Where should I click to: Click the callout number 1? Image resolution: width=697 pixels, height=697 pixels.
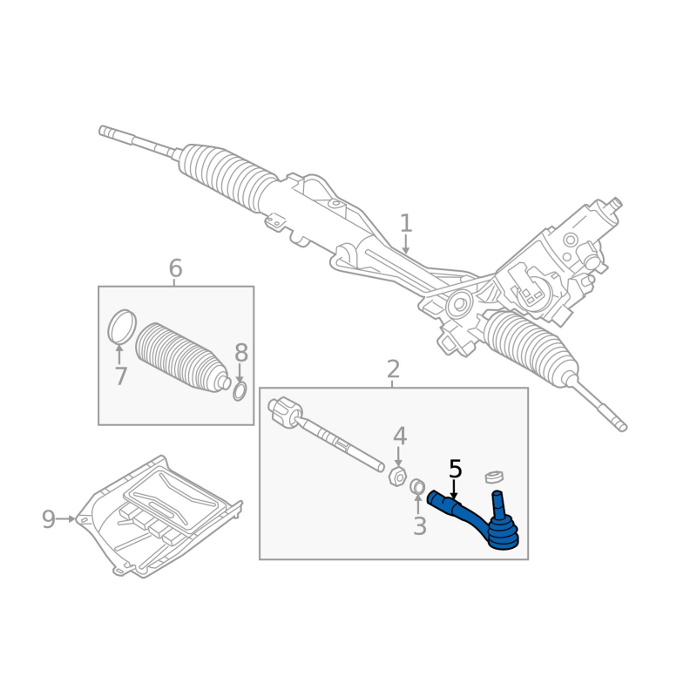click(x=405, y=223)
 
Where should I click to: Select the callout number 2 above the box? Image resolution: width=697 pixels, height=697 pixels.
click(x=393, y=369)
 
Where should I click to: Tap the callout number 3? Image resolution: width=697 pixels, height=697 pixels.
click(x=419, y=526)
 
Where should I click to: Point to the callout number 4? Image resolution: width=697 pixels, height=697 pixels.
click(x=399, y=436)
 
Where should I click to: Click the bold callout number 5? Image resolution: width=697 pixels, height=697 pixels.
click(x=455, y=470)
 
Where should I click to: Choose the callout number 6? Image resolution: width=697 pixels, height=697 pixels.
click(x=175, y=268)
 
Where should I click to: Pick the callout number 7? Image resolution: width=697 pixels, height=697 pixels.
click(x=120, y=376)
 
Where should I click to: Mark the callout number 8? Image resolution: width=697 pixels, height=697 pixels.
click(x=241, y=353)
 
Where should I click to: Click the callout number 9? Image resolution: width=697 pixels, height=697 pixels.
click(x=49, y=519)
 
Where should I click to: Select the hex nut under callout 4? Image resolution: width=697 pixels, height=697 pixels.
click(x=396, y=476)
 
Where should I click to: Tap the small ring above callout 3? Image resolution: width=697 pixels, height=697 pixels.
click(x=417, y=486)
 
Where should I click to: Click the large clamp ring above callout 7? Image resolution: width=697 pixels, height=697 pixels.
click(x=122, y=327)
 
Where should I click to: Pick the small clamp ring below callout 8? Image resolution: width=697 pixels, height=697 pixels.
click(x=240, y=392)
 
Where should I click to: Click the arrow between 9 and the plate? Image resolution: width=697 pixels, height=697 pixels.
click(x=67, y=519)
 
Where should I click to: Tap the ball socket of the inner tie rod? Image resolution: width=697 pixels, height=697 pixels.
click(x=284, y=413)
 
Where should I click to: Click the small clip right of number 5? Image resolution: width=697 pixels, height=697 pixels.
click(x=496, y=476)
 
